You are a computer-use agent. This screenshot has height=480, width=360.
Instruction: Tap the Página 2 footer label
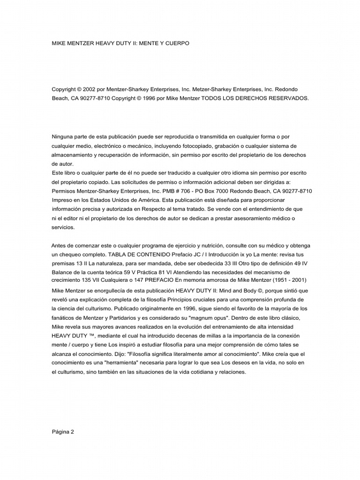point(62,432)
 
